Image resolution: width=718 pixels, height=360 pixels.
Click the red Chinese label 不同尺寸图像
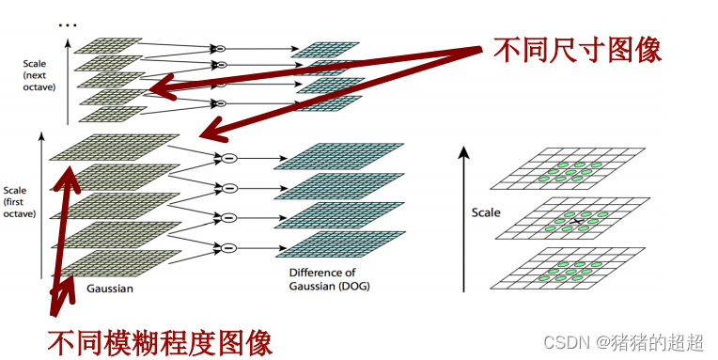pos(577,50)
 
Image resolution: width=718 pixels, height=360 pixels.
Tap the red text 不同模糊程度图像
pos(160,339)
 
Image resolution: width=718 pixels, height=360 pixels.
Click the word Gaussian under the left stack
pos(109,289)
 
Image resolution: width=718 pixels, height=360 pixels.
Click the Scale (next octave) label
pos(39,75)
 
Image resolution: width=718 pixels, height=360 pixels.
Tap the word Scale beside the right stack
pos(485,212)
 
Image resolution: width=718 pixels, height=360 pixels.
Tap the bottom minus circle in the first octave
pos(226,248)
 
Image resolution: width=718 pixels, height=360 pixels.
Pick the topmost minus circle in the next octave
pos(221,47)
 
